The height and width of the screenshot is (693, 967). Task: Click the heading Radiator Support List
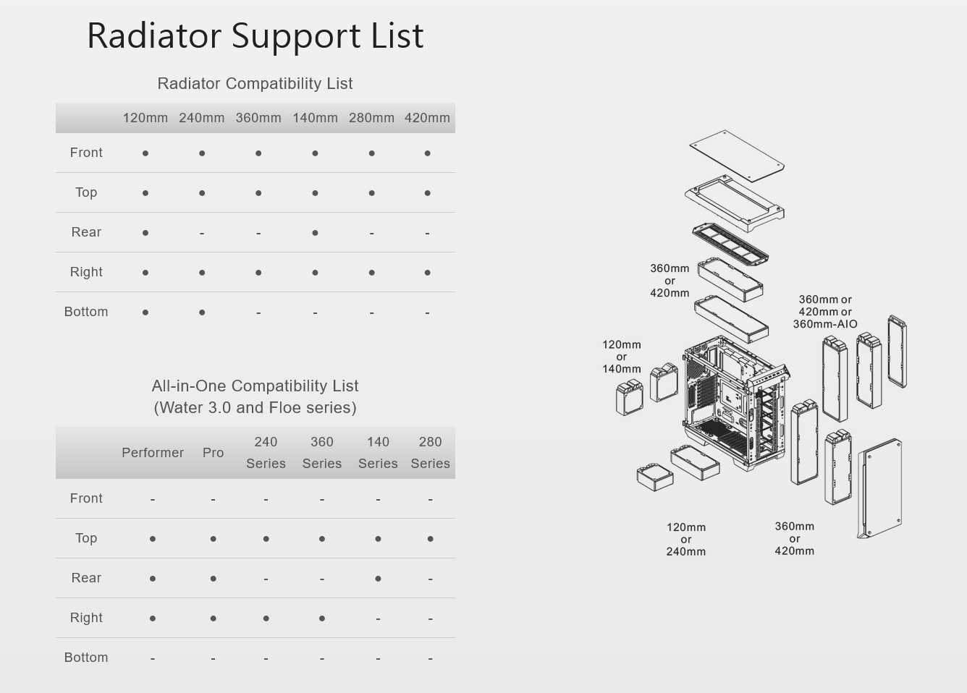tap(255, 35)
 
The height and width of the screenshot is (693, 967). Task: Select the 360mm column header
tap(258, 118)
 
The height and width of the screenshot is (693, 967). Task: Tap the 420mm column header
tap(427, 118)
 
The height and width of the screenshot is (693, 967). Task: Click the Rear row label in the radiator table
tap(86, 232)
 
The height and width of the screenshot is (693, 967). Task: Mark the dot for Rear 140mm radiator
tap(315, 233)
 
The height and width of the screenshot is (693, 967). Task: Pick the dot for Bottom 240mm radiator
tap(202, 313)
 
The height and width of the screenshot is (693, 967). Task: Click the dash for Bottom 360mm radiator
tap(258, 313)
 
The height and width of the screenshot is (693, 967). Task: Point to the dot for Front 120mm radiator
tap(145, 153)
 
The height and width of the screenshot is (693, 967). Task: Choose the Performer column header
tap(153, 453)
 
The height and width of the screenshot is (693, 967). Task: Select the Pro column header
tap(213, 453)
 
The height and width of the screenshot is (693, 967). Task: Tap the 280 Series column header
tap(430, 453)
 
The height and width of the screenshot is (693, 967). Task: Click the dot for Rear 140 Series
tap(378, 579)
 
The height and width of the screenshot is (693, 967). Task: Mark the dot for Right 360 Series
tap(322, 618)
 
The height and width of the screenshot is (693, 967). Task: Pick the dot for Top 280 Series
tap(431, 539)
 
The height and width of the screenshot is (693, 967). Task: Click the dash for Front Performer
tap(153, 499)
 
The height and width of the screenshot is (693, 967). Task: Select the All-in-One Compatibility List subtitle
tap(255, 396)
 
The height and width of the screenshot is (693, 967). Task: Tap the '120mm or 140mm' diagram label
tap(622, 357)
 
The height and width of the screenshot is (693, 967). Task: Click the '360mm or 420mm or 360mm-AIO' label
tap(825, 312)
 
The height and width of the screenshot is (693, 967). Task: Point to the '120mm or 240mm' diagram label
tap(686, 539)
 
